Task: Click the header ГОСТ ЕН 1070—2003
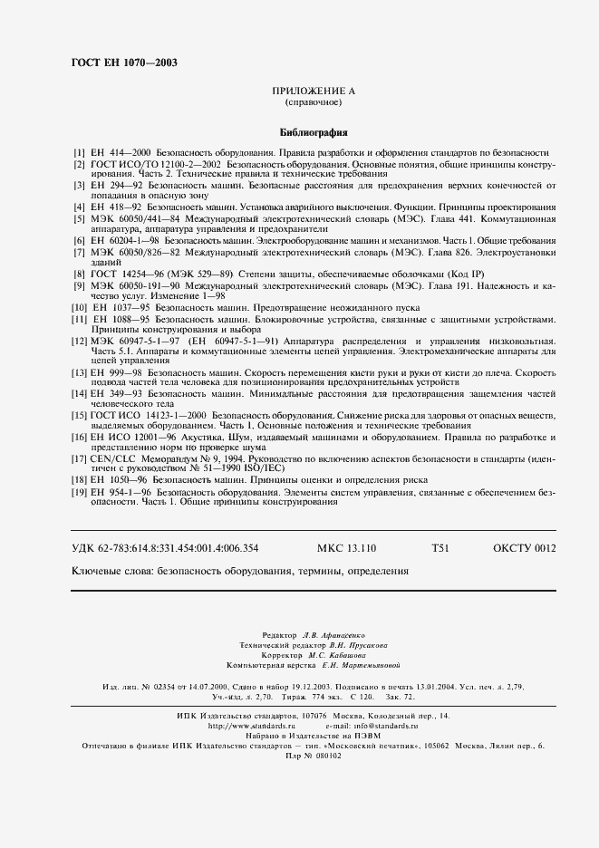pyautogui.click(x=123, y=63)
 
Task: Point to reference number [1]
pyautogui.click(x=79, y=153)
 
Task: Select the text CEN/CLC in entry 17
pyautogui.click(x=111, y=458)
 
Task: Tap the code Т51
pyautogui.click(x=441, y=548)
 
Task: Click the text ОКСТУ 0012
pyautogui.click(x=524, y=548)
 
